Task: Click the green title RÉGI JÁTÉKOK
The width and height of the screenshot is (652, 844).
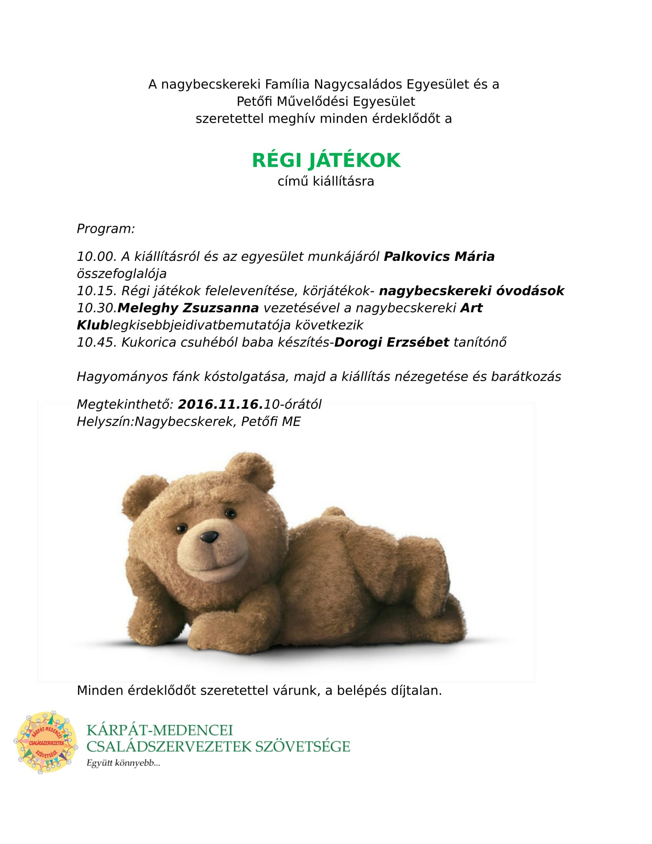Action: [326, 160]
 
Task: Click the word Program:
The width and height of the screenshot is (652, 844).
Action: [106, 229]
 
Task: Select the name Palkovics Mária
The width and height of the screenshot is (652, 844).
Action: [439, 257]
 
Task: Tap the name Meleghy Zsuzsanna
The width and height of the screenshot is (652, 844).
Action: [188, 308]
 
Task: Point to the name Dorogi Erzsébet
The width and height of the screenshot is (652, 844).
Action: [391, 342]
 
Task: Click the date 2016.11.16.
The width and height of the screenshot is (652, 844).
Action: [220, 404]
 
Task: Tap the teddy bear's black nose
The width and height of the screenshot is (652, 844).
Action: [209, 537]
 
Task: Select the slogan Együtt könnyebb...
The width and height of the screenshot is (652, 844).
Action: [123, 763]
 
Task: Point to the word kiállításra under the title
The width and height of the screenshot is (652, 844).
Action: [343, 181]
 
